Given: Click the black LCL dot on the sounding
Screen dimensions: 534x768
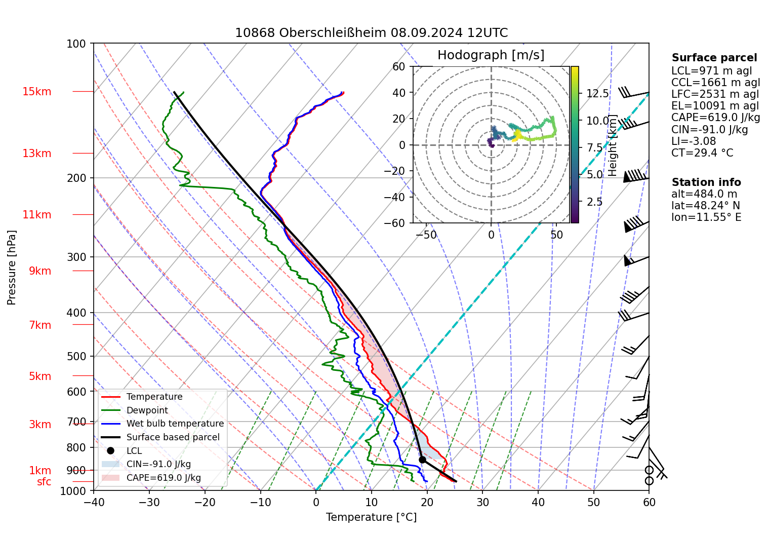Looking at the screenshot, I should click(422, 460).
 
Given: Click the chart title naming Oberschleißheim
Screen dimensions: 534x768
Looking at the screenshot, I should click(371, 33).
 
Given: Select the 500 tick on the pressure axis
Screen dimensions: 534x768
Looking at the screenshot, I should click(77, 356).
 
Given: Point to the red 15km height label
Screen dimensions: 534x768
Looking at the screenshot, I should click(36, 92).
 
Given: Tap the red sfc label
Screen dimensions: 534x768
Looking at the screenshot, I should click(44, 482).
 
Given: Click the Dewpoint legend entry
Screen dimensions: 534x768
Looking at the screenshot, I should click(147, 410).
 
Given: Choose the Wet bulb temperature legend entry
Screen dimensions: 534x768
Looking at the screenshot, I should click(175, 424).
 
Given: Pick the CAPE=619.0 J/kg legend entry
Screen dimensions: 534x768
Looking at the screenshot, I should click(164, 478).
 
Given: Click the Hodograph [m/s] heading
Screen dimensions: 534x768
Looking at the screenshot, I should click(491, 55).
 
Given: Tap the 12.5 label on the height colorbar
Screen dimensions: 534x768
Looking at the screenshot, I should click(597, 94).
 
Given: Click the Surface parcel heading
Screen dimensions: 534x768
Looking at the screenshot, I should click(714, 58).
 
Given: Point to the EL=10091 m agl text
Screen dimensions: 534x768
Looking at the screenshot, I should click(715, 106).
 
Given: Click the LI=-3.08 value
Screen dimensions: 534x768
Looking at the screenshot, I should click(694, 141).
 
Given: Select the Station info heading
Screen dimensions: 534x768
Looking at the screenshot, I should click(706, 182).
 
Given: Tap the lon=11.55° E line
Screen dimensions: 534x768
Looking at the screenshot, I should click(706, 217).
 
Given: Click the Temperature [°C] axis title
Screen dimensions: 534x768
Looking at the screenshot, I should click(371, 517).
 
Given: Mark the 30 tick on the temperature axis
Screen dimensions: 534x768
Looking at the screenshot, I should click(482, 503).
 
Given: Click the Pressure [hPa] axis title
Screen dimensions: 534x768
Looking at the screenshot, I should click(12, 268).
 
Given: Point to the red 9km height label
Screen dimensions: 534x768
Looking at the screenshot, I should click(40, 271).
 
